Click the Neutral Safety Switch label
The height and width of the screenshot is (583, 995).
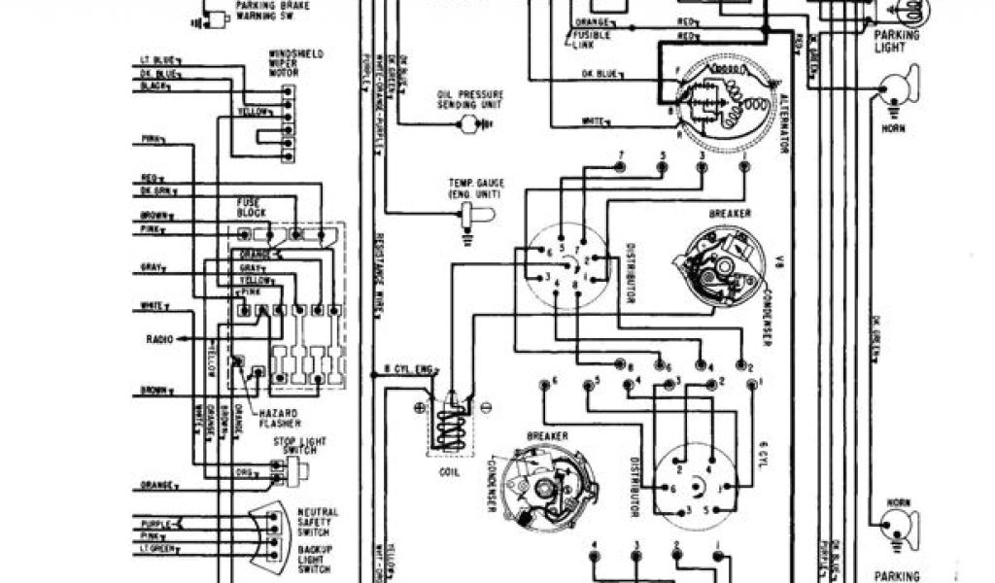(x=317, y=518)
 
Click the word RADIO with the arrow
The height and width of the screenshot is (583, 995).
(x=157, y=339)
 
